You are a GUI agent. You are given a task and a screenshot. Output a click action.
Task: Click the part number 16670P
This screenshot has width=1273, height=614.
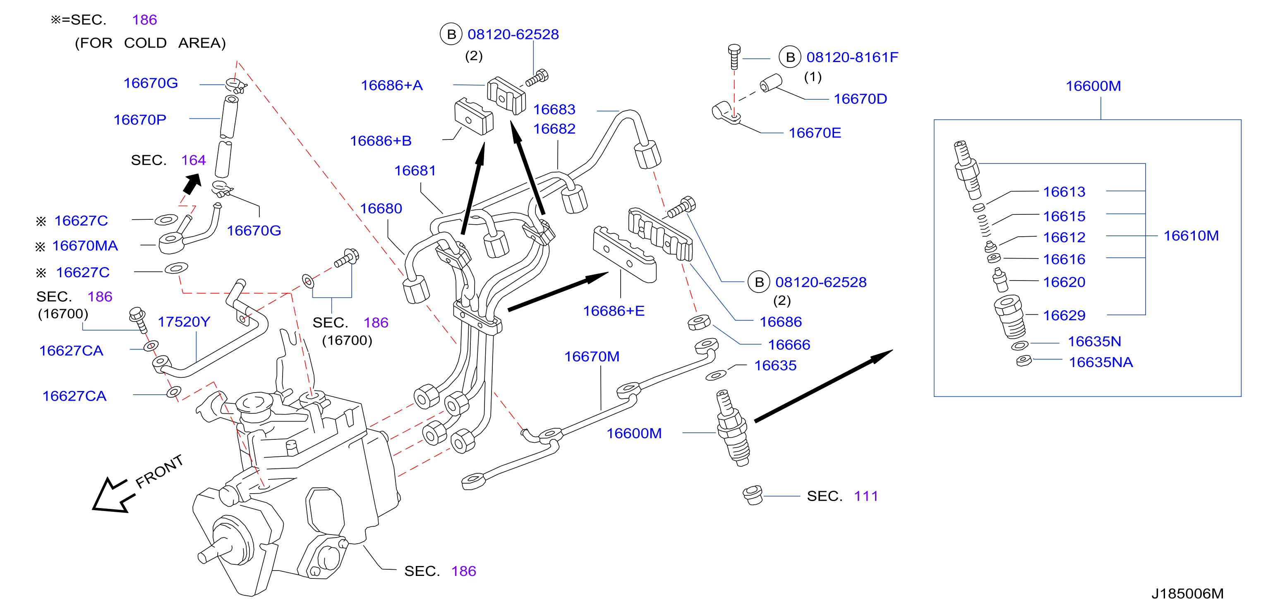point(140,120)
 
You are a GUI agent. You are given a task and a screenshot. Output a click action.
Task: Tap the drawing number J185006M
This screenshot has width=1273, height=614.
point(1187,593)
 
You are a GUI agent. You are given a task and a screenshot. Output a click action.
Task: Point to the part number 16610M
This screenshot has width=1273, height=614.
point(1191,236)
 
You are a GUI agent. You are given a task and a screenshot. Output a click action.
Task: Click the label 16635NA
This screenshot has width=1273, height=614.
point(1100,362)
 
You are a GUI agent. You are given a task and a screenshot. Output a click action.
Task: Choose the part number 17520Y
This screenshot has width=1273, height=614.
point(184,322)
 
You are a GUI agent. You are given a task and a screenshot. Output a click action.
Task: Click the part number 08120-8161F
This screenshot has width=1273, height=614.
point(852,58)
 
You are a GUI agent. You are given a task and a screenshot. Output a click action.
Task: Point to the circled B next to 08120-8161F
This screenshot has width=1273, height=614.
point(790,58)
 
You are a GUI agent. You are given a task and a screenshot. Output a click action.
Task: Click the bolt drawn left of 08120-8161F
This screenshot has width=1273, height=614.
point(734,57)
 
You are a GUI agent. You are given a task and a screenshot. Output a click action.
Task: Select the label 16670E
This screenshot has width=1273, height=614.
point(815,133)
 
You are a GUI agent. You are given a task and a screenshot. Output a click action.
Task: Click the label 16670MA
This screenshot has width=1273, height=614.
point(85,246)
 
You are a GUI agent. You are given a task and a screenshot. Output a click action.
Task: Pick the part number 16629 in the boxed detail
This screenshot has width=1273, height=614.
point(1064,315)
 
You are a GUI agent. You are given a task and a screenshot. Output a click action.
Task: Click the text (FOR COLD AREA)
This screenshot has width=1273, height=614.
point(150,43)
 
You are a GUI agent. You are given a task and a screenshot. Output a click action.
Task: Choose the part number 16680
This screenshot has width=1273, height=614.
point(381,209)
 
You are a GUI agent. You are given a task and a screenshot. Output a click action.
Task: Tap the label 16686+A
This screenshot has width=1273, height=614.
point(391,86)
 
